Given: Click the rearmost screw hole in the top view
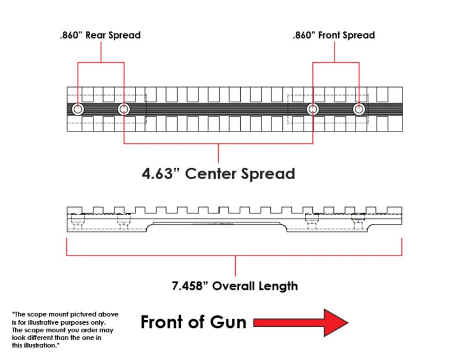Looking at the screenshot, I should [x=78, y=109].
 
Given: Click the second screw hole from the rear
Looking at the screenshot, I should [x=124, y=109].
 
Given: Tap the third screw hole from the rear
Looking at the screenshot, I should [x=313, y=109].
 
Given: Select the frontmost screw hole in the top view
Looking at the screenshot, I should [x=359, y=109].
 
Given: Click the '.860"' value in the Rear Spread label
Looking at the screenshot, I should [x=71, y=35].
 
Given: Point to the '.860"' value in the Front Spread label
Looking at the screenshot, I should [x=304, y=35].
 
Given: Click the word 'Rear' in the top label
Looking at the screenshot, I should [x=96, y=35].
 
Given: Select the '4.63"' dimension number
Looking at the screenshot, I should [x=157, y=174].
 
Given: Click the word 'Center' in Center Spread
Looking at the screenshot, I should [x=211, y=174].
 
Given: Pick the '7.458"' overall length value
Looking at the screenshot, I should [x=187, y=286].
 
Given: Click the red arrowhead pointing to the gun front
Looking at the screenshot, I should [x=336, y=322].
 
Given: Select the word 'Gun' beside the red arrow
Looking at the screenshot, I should [x=228, y=322].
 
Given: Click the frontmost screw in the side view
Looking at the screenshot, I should [x=358, y=221].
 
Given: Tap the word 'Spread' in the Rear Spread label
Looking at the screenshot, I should [x=124, y=35].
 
